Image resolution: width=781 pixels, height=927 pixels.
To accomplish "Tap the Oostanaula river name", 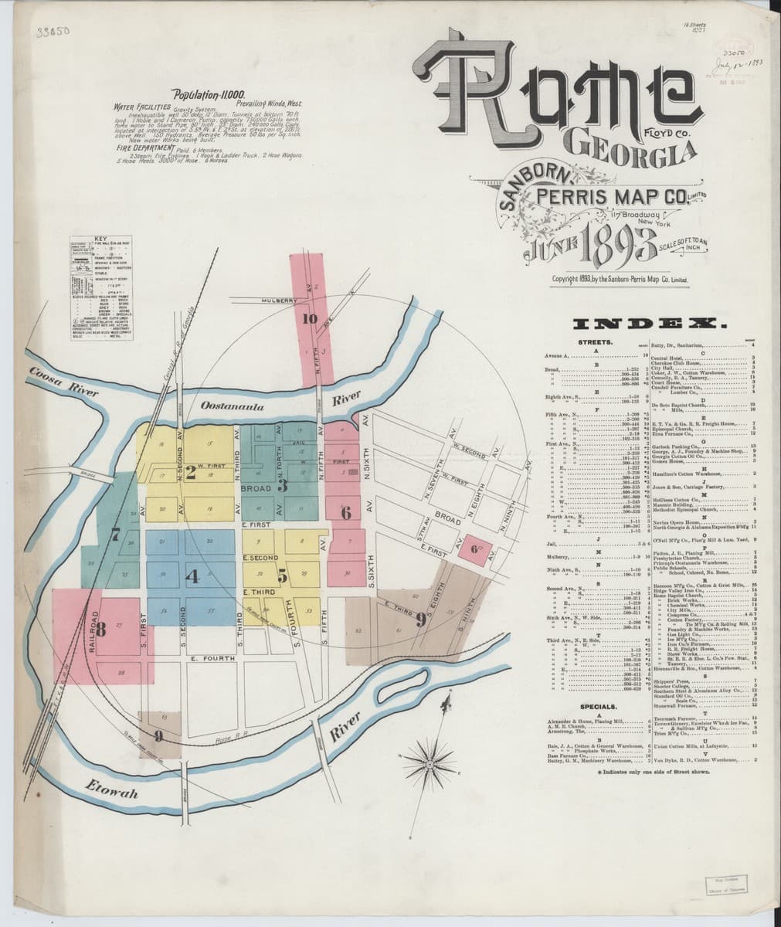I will point(233,405).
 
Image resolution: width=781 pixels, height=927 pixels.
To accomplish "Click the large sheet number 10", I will point(311,317).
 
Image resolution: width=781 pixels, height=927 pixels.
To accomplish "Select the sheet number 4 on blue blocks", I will point(193,576).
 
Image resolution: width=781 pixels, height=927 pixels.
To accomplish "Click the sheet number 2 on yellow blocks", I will point(190,474).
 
